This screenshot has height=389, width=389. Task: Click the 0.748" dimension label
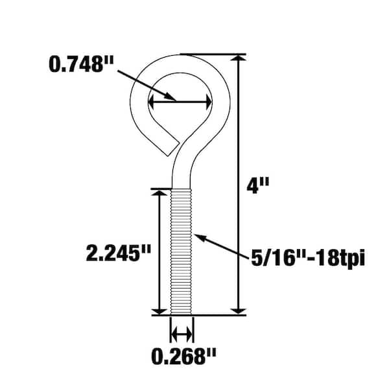(81, 64)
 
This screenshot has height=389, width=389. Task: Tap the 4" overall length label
(258, 185)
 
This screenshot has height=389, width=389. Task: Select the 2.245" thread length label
(119, 253)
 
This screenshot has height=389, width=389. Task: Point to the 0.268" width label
(183, 357)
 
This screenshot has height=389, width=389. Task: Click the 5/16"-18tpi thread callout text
(308, 258)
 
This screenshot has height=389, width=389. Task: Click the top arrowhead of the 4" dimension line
(238, 58)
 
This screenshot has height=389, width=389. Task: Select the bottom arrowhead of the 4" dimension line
(238, 311)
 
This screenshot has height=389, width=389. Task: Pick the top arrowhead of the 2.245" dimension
(159, 193)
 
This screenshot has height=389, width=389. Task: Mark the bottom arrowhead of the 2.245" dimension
(159, 311)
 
